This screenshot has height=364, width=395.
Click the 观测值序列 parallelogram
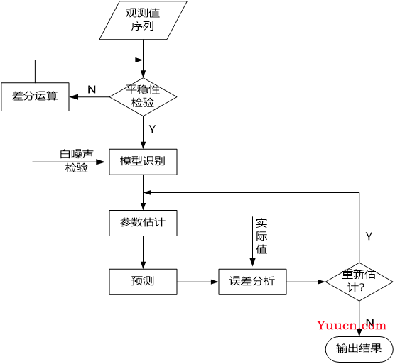[143, 20]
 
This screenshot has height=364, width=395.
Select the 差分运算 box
[35, 96]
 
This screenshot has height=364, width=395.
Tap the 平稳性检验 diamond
[143, 96]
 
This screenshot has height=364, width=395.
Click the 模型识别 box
[143, 162]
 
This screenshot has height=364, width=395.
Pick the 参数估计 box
[143, 223]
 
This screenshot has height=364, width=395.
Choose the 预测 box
[143, 282]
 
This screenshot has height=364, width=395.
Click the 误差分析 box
[252, 282]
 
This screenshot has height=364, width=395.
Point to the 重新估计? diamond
[359, 282]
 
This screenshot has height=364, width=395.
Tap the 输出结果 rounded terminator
[359, 349]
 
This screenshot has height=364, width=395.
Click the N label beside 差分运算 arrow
[92, 89]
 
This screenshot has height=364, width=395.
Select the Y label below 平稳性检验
[152, 129]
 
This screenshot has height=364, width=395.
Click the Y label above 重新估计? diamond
[369, 236]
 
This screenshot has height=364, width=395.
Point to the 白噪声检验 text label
[76, 161]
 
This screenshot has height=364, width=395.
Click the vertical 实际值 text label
[261, 236]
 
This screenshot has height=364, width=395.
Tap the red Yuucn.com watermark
[352, 325]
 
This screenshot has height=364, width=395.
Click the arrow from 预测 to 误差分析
[197, 282]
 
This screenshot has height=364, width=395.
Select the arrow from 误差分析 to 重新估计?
[305, 282]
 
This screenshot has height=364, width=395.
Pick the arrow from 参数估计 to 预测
[143, 253]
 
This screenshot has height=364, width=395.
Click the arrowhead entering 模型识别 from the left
[101, 162]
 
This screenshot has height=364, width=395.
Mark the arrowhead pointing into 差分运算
[74, 96]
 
